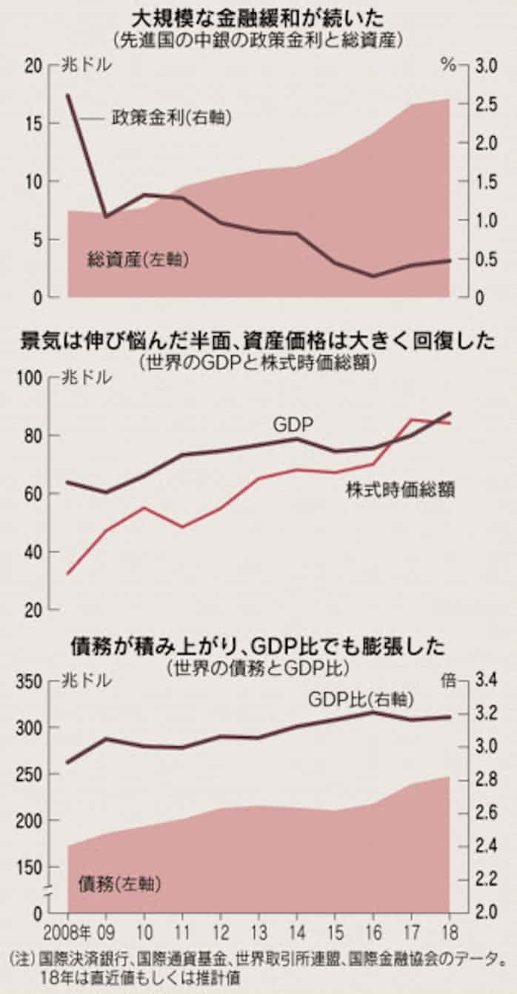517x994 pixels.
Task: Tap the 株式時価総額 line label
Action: point(400,489)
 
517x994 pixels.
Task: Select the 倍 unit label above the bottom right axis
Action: point(449,681)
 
